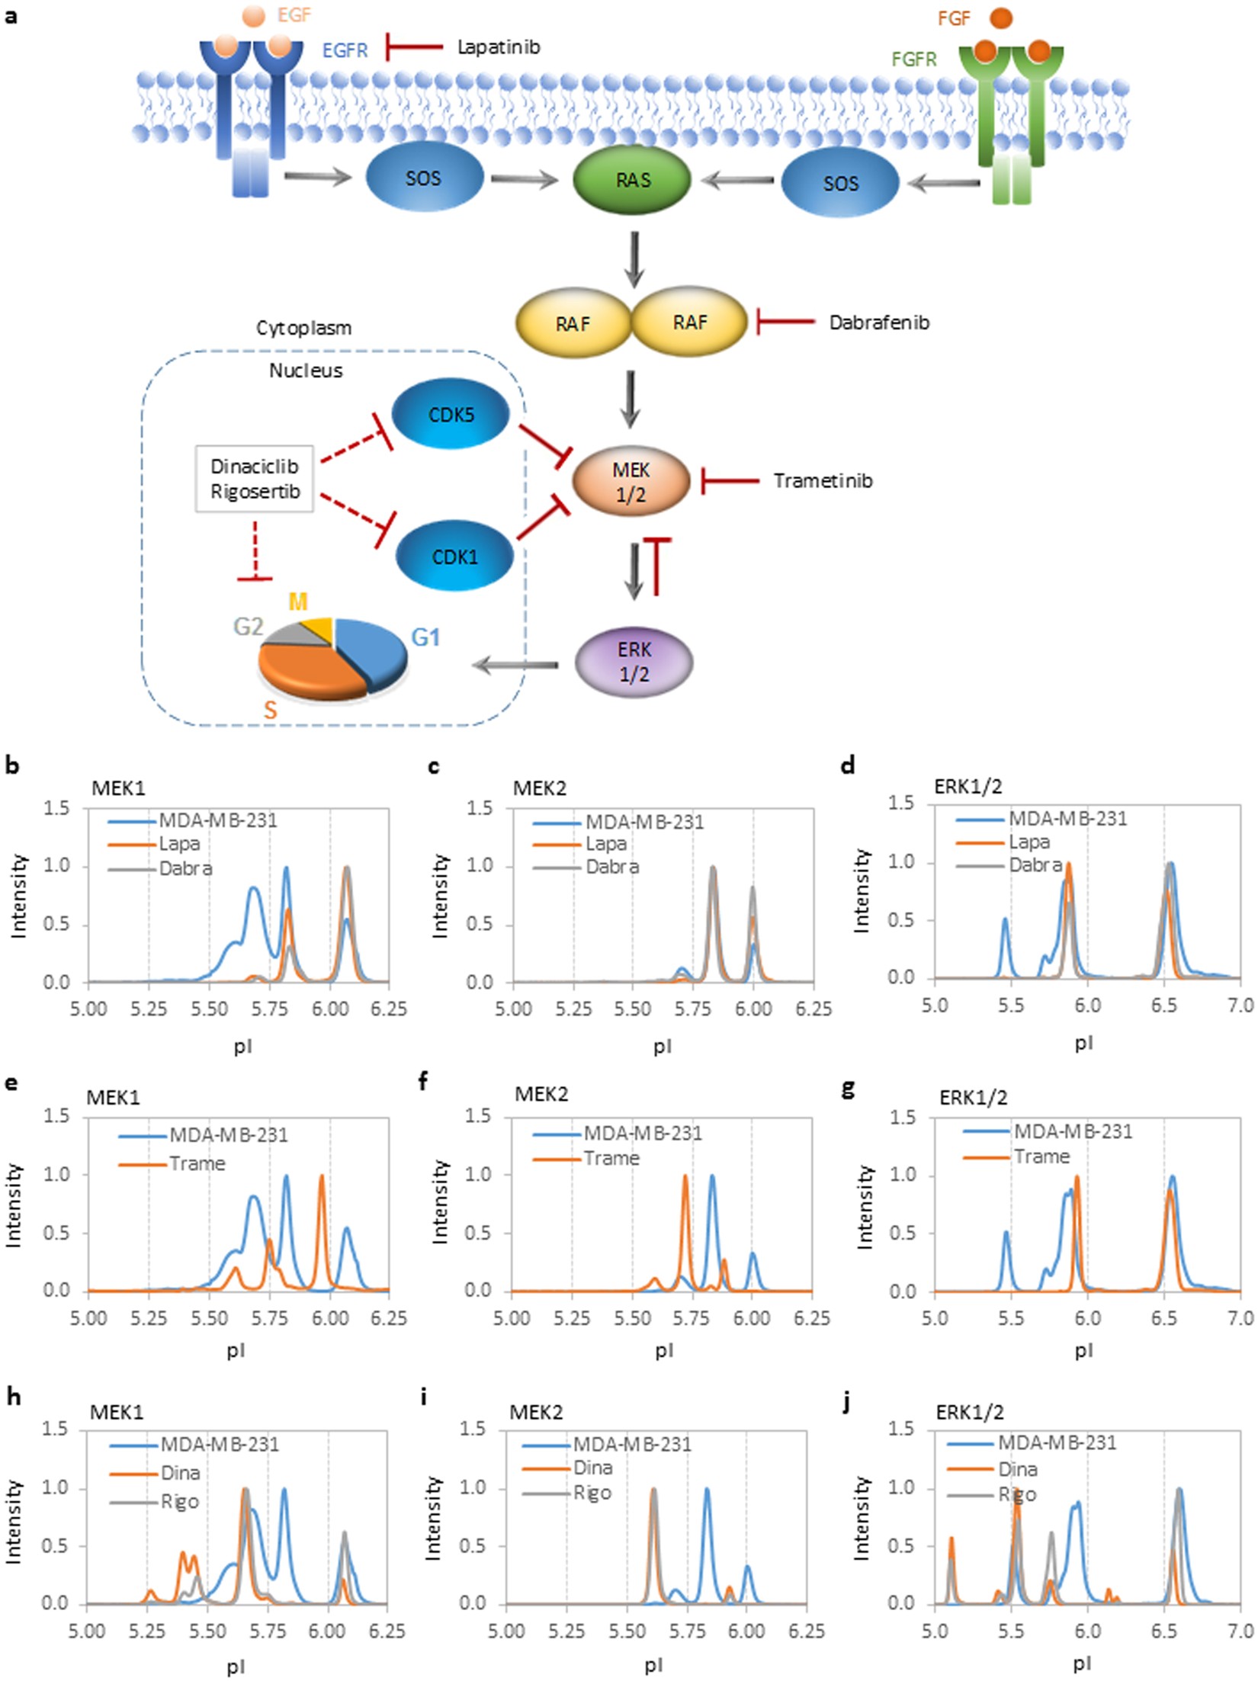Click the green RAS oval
point(632,180)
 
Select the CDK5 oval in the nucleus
point(451,415)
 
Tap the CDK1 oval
point(454,557)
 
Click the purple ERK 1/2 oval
point(634,662)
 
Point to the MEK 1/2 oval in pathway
point(631,482)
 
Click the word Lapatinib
point(499,47)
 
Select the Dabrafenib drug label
point(879,322)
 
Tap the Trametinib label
point(823,481)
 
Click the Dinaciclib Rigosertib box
point(255,479)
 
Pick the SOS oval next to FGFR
point(840,183)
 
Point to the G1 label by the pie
point(425,637)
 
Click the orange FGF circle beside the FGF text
point(1001,18)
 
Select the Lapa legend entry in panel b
point(179,844)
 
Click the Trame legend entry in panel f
point(611,1158)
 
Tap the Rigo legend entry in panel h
point(179,1502)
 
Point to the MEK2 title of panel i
point(536,1413)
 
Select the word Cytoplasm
point(303,329)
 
